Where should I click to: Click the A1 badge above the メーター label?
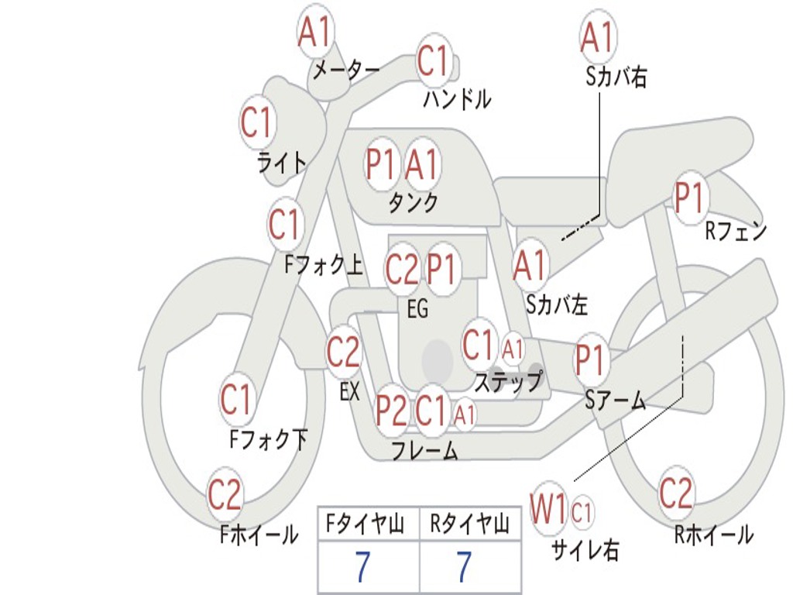point(315,33)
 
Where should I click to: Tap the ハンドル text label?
point(457,99)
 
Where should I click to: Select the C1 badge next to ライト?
point(258,122)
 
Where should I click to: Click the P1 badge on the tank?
point(381,164)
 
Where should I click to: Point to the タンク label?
point(413,202)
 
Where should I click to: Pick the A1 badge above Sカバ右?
point(597,36)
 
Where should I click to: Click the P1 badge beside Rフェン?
point(689,198)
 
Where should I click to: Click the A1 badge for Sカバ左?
point(530,266)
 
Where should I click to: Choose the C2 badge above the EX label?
point(343,353)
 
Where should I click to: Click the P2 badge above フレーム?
point(391,411)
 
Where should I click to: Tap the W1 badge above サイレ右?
point(548,509)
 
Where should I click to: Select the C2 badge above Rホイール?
point(676,492)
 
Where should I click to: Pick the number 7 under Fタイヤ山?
point(362,567)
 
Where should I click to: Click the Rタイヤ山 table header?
point(469,526)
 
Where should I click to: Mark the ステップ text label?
point(508,382)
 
